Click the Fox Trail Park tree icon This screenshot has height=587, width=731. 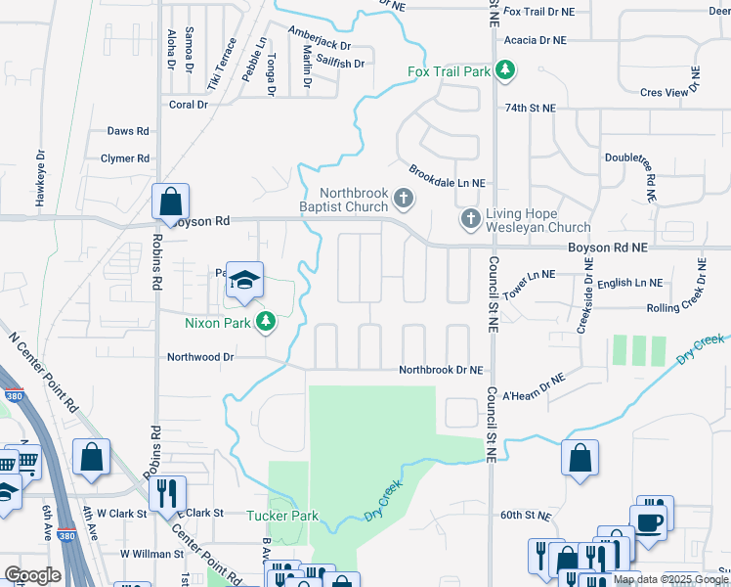pyautogui.click(x=505, y=69)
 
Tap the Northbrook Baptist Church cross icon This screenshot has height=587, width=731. pyautogui.click(x=404, y=201)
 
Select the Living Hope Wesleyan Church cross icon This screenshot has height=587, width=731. pyautogui.click(x=470, y=218)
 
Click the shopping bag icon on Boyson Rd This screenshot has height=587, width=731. pyautogui.click(x=170, y=203)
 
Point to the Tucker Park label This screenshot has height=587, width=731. pyautogui.click(x=282, y=516)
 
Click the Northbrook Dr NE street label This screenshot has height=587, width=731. pyautogui.click(x=441, y=370)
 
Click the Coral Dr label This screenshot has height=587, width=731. pyautogui.click(x=189, y=105)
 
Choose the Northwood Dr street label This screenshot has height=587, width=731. pyautogui.click(x=201, y=358)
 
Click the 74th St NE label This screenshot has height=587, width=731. pyautogui.click(x=530, y=108)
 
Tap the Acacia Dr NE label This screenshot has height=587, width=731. pyautogui.click(x=536, y=40)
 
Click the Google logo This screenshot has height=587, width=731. pyautogui.click(x=32, y=575)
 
